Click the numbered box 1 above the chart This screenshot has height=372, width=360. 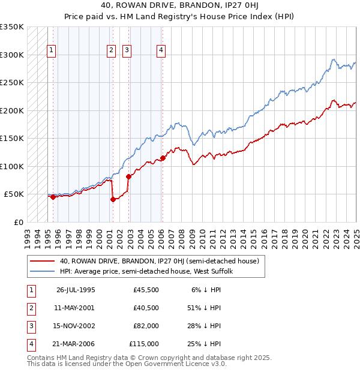52,51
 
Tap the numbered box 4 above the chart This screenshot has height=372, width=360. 161,51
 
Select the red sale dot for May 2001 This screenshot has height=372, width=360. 113,200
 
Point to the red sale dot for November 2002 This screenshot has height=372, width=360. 128,176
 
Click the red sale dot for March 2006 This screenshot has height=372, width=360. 163,158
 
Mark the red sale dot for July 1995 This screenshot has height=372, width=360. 53,197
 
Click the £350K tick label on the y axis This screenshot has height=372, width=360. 12,27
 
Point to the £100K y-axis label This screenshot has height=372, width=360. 12,166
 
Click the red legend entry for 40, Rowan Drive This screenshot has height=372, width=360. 159,261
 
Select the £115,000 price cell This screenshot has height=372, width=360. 145,344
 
